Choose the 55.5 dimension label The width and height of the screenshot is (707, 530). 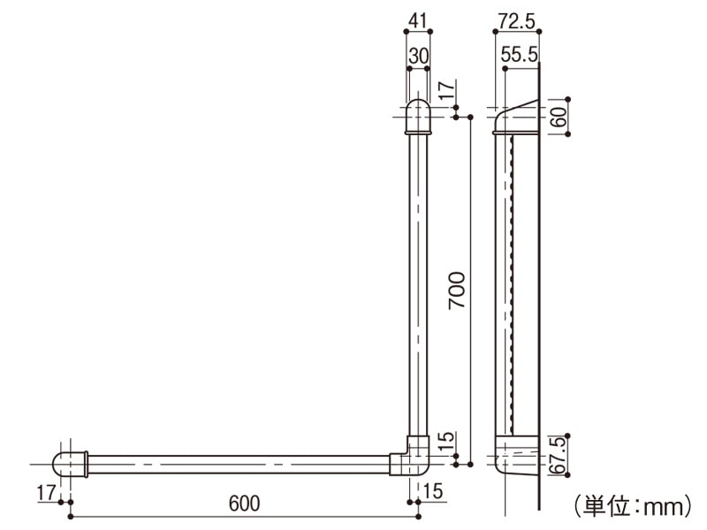click(520, 54)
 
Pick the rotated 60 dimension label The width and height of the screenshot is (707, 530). click(559, 117)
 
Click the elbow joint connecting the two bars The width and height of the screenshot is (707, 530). click(414, 457)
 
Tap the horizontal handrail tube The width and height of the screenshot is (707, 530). click(239, 463)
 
